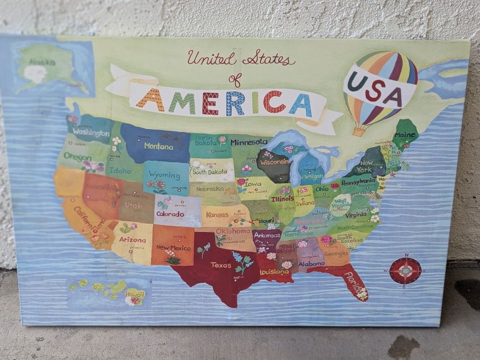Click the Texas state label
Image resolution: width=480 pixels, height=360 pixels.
[221, 265]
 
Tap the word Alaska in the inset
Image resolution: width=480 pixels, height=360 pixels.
[42, 61]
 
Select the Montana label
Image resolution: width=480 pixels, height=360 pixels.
[159, 146]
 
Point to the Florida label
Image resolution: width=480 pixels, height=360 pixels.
[353, 281]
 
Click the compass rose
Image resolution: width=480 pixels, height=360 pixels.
[405, 271]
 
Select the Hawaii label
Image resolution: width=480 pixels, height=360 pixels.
[135, 294]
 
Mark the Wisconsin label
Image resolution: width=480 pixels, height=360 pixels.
[274, 162]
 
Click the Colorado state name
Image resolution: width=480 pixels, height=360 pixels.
[170, 214]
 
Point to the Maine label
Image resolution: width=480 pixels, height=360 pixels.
[404, 135]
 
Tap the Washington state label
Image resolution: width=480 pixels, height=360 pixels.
[91, 132]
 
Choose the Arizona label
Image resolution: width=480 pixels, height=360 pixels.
[132, 240]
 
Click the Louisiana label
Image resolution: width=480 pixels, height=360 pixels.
[274, 272]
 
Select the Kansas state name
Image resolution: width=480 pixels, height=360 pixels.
[217, 215]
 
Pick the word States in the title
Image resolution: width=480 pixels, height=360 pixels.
[268, 59]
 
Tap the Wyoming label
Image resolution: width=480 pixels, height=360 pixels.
[164, 175]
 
